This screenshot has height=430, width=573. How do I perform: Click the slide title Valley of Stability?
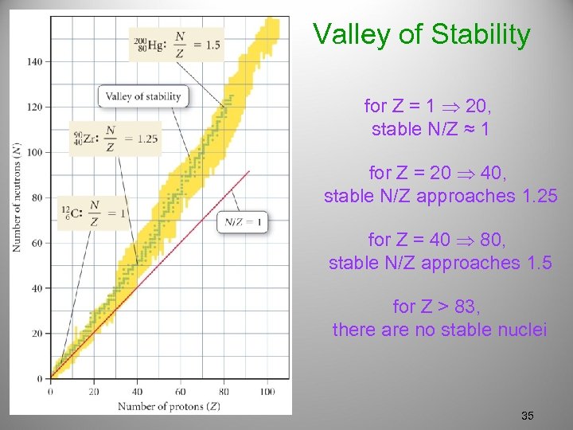(x=421, y=35)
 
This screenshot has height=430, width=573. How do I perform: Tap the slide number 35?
(x=527, y=416)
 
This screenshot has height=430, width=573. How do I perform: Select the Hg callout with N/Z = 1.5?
(x=176, y=45)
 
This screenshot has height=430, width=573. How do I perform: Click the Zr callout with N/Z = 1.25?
(x=115, y=138)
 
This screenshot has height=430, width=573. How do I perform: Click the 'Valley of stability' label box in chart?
(x=143, y=97)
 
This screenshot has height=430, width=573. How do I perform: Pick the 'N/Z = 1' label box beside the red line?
(x=243, y=222)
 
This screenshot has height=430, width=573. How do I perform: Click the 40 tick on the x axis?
(x=137, y=391)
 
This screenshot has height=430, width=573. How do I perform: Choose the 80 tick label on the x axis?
(x=224, y=391)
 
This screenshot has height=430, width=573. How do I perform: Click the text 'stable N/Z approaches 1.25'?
(x=440, y=196)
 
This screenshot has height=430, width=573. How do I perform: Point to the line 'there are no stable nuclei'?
(x=439, y=330)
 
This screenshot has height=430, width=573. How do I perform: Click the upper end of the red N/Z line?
(x=249, y=171)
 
